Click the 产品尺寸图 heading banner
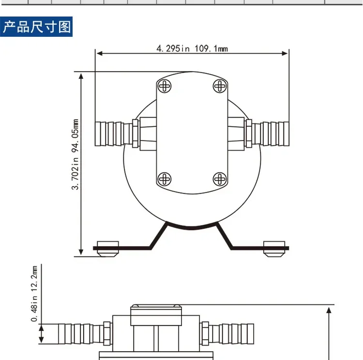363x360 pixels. pyautogui.click(x=37, y=26)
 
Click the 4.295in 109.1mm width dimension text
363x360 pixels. pyautogui.click(x=192, y=48)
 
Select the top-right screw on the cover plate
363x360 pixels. pyautogui.click(x=220, y=86)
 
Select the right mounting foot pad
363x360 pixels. pyautogui.click(x=274, y=248)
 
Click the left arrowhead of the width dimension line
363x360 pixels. pyautogui.click(x=99, y=53)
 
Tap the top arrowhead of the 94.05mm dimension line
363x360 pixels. pyautogui.click(x=81, y=76)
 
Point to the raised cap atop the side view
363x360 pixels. pyautogui.click(x=156, y=313)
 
